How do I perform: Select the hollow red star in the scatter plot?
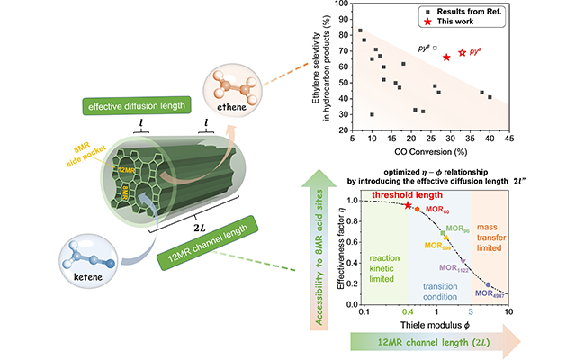tap(463, 53)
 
